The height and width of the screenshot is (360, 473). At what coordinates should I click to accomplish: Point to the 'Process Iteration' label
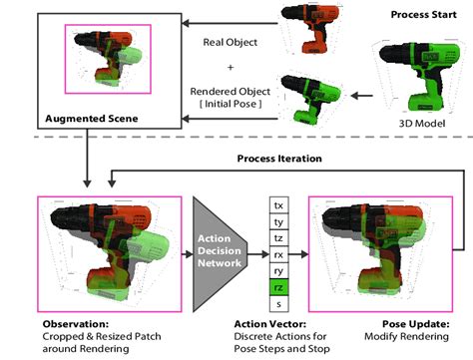[280, 159]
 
